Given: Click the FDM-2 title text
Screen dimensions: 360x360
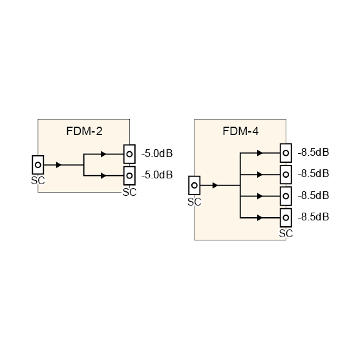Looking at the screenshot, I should click(84, 131).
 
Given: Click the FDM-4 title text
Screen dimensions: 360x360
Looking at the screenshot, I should click(240, 131).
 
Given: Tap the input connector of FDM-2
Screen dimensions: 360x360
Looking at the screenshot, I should click(38, 165).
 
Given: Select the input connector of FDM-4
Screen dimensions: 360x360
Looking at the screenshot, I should click(194, 185).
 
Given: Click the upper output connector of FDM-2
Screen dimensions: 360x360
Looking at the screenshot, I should click(130, 154).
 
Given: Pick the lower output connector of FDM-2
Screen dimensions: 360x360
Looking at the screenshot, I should click(130, 175).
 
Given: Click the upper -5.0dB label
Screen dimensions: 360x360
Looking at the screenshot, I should click(156, 154).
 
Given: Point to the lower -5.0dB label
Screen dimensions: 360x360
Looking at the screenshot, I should click(156, 175).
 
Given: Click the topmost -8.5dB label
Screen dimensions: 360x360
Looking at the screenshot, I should click(313, 153).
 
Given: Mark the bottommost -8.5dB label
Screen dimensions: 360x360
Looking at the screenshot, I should click(313, 217).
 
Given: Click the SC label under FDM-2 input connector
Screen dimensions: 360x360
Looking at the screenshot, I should click(38, 180).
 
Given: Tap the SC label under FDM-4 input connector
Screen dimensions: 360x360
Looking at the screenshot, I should click(194, 202).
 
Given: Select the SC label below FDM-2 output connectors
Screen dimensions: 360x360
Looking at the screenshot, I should click(130, 191).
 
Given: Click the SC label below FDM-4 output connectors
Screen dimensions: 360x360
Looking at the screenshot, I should click(286, 233).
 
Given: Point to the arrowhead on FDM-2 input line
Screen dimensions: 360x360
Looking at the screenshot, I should click(59, 165).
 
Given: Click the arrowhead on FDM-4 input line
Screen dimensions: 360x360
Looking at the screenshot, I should click(215, 185).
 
